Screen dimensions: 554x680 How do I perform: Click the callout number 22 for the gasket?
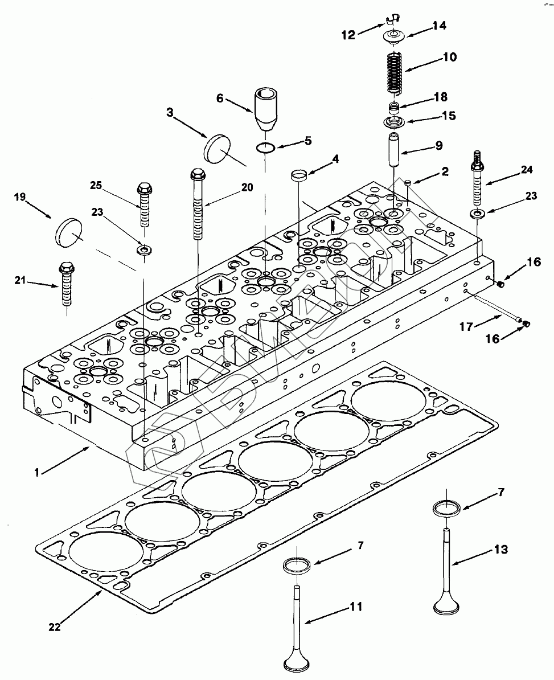coord(55,626)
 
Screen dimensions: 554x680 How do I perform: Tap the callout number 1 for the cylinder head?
coord(37,472)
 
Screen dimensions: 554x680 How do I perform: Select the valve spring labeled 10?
coord(395,72)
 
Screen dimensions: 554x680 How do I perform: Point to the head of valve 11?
coord(297,665)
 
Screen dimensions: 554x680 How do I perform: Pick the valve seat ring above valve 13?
coord(446,508)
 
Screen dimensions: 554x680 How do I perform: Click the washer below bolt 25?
coord(142,250)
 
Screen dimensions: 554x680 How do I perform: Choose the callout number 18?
coord(441,97)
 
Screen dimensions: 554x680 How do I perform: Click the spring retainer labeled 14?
coord(395,36)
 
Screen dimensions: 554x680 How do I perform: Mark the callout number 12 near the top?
coord(348,35)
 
